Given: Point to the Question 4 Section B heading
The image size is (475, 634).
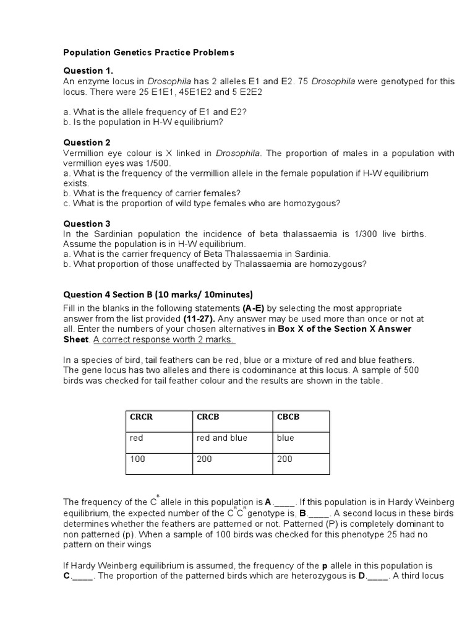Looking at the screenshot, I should tap(158, 294).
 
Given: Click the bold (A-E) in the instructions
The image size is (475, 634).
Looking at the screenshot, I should tap(255, 308).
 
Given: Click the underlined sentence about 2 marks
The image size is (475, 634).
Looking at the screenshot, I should tap(165, 339).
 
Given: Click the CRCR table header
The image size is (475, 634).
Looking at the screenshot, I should tap(141, 417).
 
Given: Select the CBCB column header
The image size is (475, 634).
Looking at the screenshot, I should tap(288, 417).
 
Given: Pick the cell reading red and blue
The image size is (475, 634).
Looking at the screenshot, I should tap(221, 438).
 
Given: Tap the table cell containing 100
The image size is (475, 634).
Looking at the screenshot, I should tap(137, 459).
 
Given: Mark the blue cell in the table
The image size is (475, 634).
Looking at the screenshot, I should tap(286, 438).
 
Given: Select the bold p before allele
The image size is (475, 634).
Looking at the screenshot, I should tap(324, 567).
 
